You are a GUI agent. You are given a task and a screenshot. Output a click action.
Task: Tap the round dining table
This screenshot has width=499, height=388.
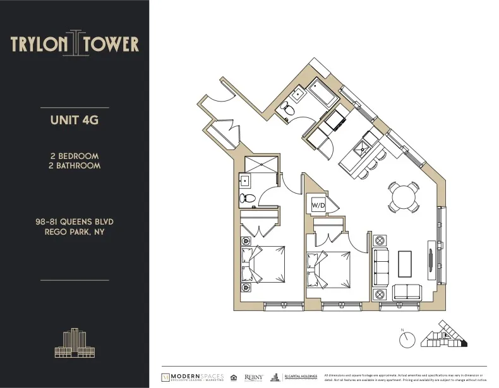[403, 197]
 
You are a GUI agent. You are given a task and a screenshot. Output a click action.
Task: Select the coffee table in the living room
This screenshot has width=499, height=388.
[405, 264]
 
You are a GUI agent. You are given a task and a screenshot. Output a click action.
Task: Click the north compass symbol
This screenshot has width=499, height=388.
[406, 339]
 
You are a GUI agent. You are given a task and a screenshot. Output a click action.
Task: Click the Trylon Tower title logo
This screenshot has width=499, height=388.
[75, 44]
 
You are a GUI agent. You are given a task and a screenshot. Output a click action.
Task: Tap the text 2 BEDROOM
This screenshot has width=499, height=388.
[75, 156]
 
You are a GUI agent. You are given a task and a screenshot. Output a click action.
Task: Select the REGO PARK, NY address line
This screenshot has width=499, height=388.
[75, 232]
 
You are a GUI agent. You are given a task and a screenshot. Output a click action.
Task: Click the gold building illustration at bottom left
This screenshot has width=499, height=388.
[75, 344]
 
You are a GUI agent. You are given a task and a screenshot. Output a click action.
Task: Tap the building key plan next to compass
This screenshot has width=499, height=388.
[446, 334]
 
